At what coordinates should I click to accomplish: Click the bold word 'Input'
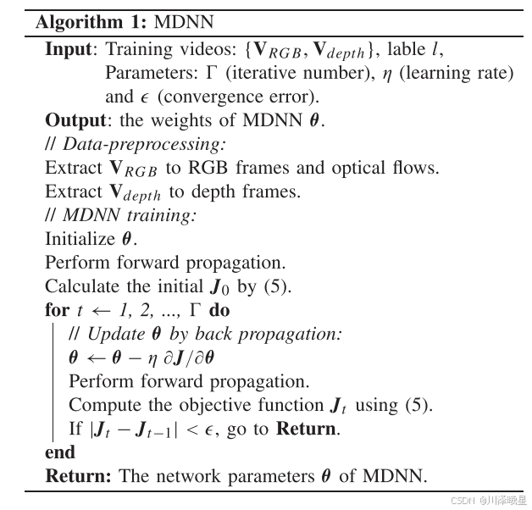point(68,50)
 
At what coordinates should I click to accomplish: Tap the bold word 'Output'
point(75,120)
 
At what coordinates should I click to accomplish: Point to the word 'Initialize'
point(77,239)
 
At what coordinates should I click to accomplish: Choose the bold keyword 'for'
point(56,310)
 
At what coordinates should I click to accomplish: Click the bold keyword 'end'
point(59,452)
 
